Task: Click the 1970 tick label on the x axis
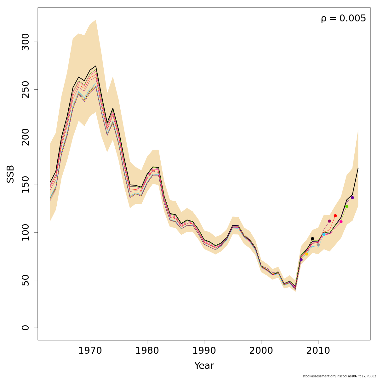[x=90, y=351]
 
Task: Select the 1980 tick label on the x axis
[x=147, y=351]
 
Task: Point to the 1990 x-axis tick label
[x=204, y=351]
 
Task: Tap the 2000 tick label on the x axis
[x=261, y=351]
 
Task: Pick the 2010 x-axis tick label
[x=318, y=351]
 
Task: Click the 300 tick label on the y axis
[x=26, y=42]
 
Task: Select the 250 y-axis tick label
[x=26, y=89]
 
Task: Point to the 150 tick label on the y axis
[x=26, y=185]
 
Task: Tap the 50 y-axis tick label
[x=26, y=280]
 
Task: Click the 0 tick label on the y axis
[x=26, y=328]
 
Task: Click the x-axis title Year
[x=204, y=366]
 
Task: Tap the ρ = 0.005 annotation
[x=343, y=19]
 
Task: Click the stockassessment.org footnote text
[x=339, y=376]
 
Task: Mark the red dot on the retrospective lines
[x=335, y=216]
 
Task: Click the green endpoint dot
[x=346, y=206]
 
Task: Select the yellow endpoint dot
[x=306, y=254]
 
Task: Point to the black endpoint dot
[x=312, y=238]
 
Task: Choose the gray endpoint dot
[x=318, y=245]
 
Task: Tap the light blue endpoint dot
[x=324, y=234]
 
